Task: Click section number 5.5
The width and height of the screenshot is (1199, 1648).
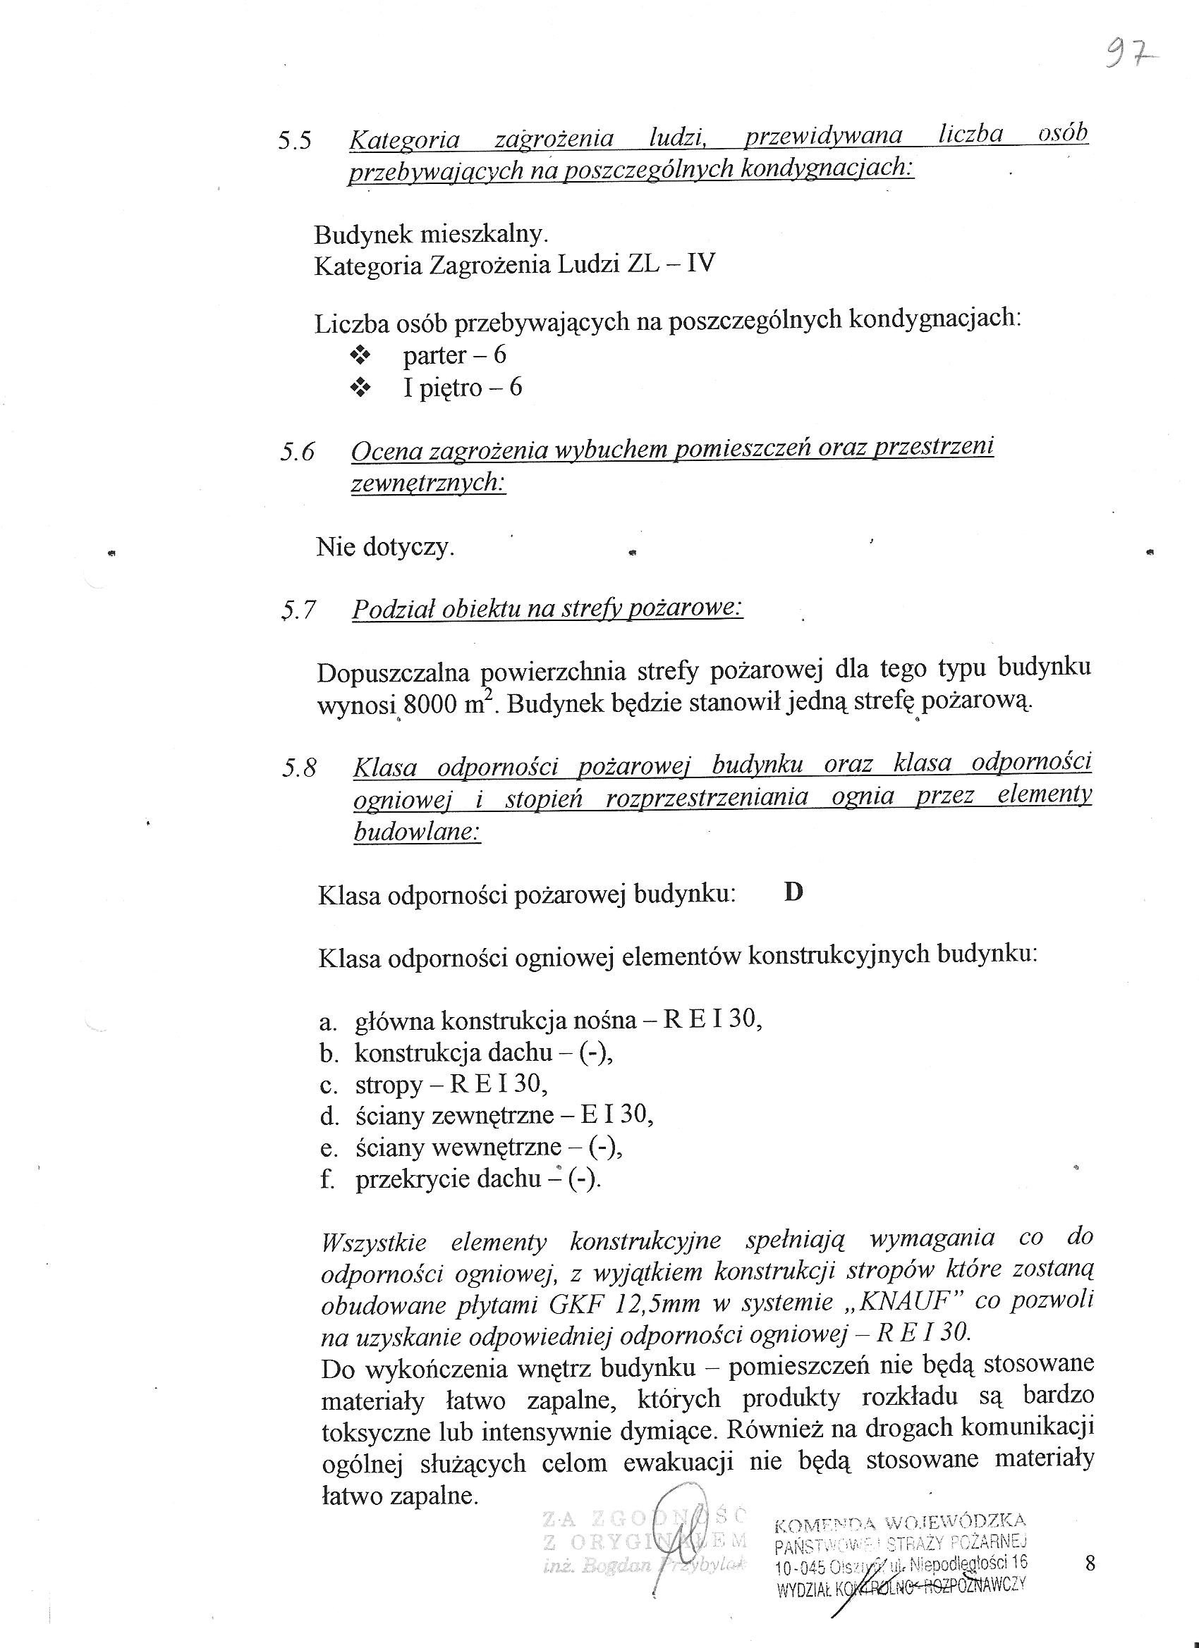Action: coord(295,140)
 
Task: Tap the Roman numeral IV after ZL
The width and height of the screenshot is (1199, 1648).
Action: coord(701,262)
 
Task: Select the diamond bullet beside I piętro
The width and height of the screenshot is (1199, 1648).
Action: coord(360,389)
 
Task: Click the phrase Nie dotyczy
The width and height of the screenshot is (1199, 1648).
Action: coord(384,546)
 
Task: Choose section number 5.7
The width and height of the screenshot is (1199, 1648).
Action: coord(299,610)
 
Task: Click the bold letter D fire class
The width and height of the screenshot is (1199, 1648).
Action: coord(793,892)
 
